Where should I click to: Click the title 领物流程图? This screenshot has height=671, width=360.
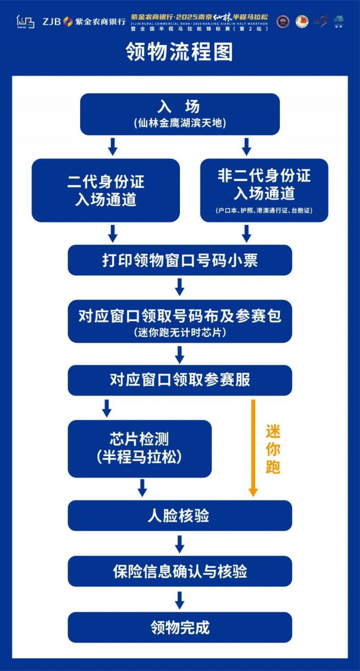[180, 53]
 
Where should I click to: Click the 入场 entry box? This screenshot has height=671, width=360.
[180, 114]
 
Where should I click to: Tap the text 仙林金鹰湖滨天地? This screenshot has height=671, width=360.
[180, 123]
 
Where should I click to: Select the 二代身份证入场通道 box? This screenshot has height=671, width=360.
[106, 190]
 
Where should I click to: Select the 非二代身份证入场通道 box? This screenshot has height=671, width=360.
[264, 190]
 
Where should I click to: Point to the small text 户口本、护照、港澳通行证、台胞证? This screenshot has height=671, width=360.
[264, 210]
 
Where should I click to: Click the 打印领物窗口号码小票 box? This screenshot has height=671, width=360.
[180, 260]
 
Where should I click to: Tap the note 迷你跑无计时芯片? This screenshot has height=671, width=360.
[180, 333]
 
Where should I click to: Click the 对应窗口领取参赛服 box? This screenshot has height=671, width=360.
[180, 380]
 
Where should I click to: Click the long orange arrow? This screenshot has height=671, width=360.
[253, 447]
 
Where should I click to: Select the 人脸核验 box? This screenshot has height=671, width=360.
[180, 515]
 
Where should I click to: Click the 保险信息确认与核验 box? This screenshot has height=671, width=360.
[180, 571]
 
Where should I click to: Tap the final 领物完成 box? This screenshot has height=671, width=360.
[180, 627]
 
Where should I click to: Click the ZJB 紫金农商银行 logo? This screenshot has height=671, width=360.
[84, 21]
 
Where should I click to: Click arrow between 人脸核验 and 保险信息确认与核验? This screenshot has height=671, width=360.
[180, 544]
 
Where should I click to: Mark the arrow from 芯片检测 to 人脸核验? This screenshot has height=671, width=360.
[142, 488]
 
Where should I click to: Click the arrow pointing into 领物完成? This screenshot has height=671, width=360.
[180, 600]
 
